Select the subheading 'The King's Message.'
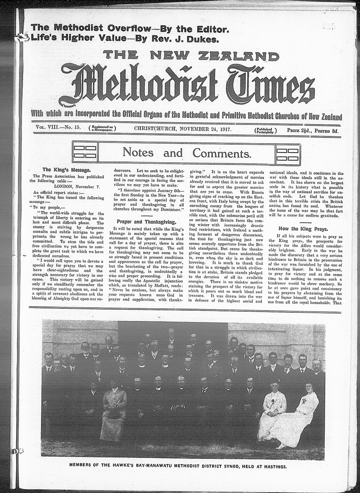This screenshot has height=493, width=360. [63, 169]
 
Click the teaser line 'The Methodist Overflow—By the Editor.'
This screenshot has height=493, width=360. [130, 28]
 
